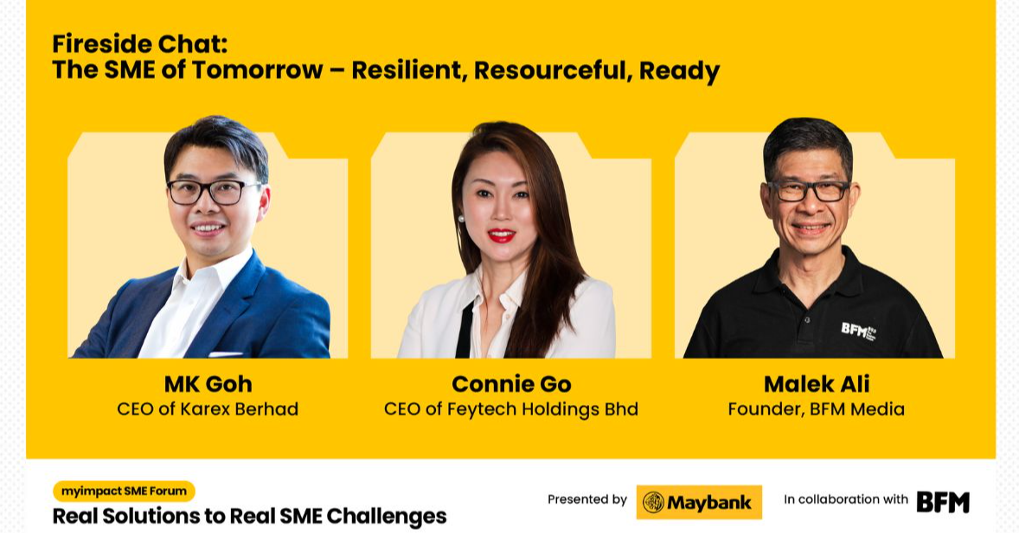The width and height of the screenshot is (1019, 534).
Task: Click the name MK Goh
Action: (208, 383)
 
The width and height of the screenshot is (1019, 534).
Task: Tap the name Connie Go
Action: (511, 383)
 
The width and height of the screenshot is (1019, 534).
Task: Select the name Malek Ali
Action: (816, 383)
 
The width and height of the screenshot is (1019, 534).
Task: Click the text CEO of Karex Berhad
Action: (208, 409)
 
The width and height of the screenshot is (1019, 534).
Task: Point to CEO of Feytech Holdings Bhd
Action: (511, 409)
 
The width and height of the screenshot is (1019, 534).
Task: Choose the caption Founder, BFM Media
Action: (816, 409)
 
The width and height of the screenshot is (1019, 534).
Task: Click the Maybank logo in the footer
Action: (699, 502)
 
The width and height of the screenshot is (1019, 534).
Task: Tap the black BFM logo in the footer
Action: (943, 502)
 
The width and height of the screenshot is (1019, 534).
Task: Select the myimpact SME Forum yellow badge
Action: (124, 492)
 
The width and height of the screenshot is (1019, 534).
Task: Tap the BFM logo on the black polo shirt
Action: (857, 329)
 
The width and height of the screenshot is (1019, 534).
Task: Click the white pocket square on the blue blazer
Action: (226, 353)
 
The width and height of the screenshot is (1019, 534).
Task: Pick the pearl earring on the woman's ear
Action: (461, 218)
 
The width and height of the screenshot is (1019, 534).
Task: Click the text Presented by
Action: (587, 499)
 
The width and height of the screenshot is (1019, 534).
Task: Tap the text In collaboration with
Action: (846, 499)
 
